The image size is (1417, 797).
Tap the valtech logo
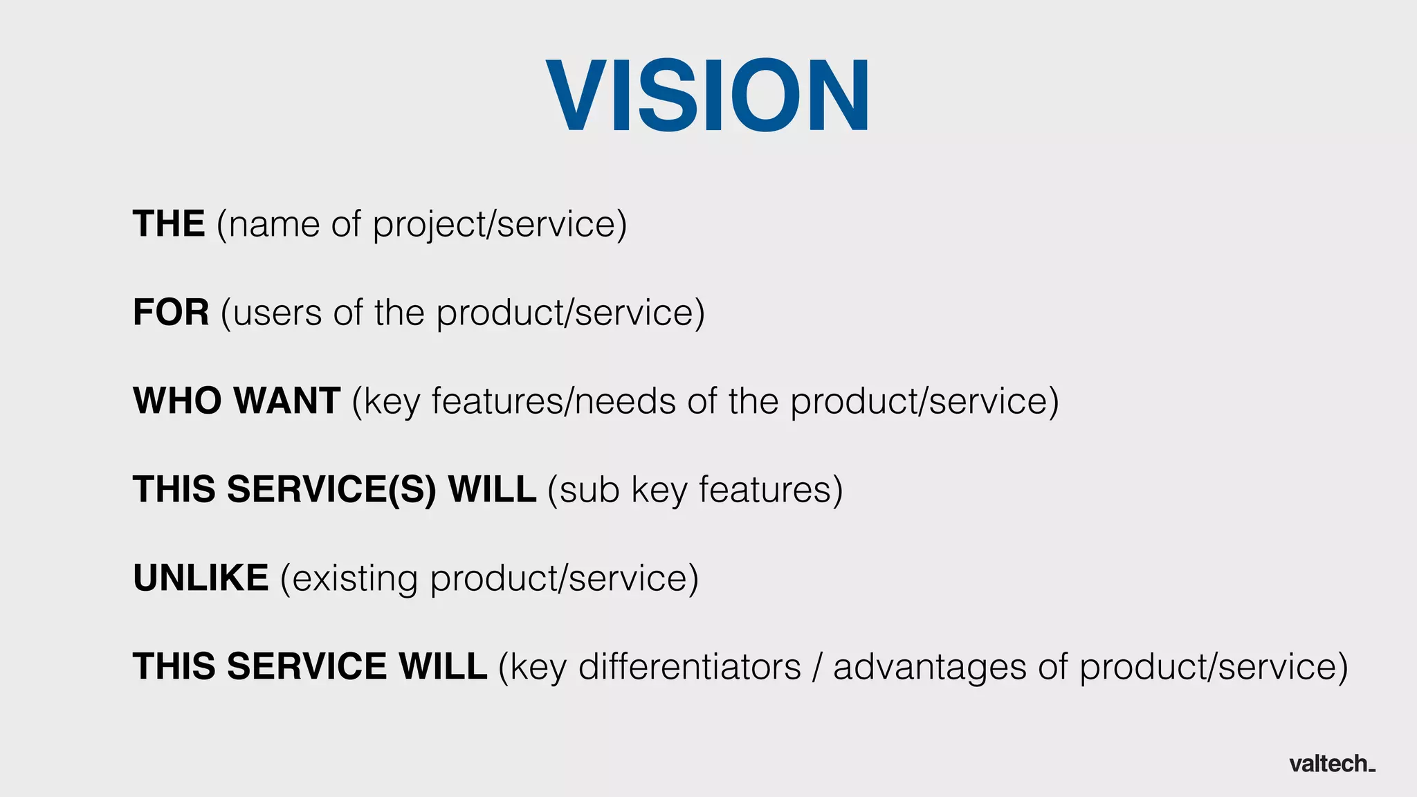pyautogui.click(x=1332, y=764)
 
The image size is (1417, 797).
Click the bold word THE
pyautogui.click(x=169, y=224)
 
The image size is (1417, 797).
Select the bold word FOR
pyautogui.click(x=171, y=313)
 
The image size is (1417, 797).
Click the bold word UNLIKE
pyautogui.click(x=201, y=578)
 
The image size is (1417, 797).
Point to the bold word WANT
pyautogui.click(x=286, y=401)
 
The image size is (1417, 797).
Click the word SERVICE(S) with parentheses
pyautogui.click(x=331, y=490)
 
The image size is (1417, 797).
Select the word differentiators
pyautogui.click(x=689, y=667)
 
